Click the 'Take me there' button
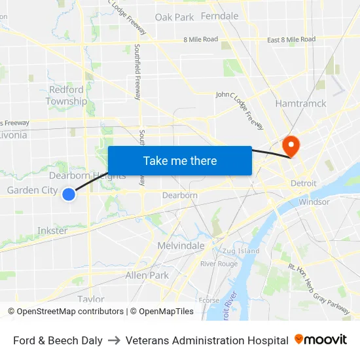point(180,160)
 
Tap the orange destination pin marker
point(289,145)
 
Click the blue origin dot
point(69,194)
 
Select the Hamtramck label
point(300,103)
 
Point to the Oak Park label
point(175,17)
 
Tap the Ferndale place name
point(219,16)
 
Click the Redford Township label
point(66,96)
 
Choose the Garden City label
point(32,190)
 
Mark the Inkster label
point(52,230)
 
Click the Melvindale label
point(181,245)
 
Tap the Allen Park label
point(147,276)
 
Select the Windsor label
point(314,202)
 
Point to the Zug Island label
point(240,251)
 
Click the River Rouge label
point(219,264)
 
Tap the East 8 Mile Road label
point(291,40)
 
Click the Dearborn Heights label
point(88,175)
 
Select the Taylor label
point(91,298)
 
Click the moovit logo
point(321,340)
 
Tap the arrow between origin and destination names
point(114,340)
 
